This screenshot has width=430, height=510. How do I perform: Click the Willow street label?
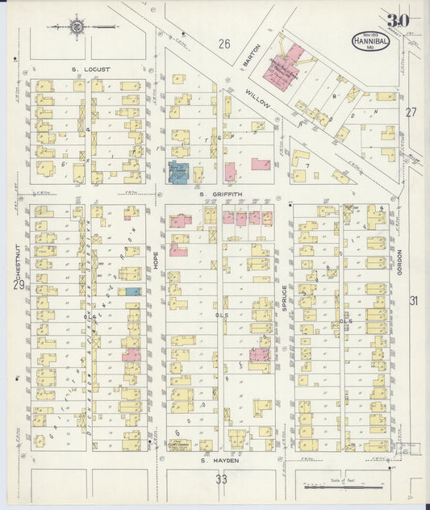click(x=256, y=99)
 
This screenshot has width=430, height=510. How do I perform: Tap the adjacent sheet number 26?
click(x=223, y=44)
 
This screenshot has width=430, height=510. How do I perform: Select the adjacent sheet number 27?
click(x=411, y=112)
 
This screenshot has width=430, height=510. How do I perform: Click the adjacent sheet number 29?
click(x=18, y=285)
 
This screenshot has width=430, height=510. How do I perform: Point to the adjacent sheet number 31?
click(x=414, y=301)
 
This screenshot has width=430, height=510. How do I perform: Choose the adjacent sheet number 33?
click(x=222, y=479)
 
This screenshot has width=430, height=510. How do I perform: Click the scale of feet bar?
click(x=343, y=487)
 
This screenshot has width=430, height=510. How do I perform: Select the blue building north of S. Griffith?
click(x=177, y=171)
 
